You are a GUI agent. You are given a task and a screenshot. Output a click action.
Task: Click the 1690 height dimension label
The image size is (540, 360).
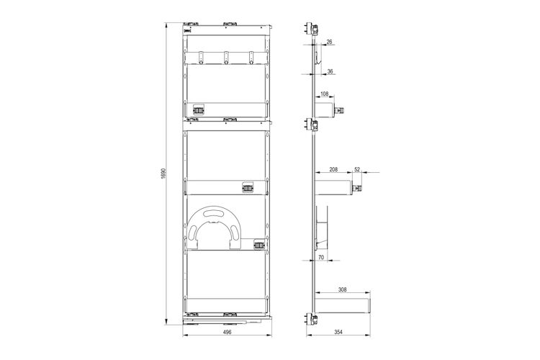pos(163,174)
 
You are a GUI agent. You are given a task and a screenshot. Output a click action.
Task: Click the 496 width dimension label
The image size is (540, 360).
pos(227,332)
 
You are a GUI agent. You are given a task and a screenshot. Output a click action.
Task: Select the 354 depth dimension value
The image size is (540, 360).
pos(338,332)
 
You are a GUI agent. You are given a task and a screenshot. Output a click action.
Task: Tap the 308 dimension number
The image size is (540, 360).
pos(342,289)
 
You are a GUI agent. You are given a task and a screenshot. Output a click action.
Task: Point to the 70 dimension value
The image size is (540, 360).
pos(321,257)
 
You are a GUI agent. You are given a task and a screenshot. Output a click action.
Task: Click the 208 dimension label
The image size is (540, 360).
pos(333,169)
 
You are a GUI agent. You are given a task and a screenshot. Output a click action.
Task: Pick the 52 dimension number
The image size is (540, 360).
pos(357,169)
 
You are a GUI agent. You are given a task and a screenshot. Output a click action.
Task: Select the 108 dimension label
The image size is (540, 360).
pos(324,94)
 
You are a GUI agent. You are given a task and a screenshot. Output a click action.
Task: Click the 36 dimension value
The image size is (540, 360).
pos(330,71)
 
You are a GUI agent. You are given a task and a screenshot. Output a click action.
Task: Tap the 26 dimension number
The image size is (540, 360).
pos(329,42)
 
